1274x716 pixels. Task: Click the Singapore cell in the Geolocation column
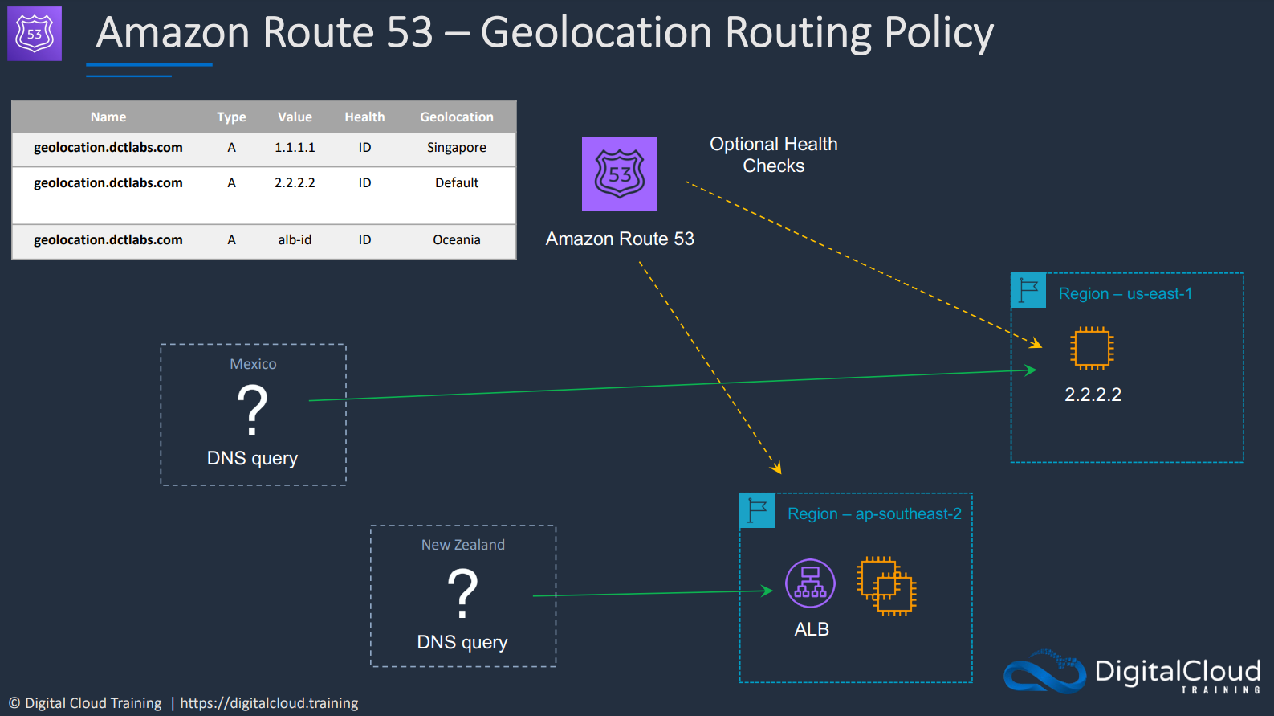[456, 148]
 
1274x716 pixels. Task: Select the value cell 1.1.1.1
[295, 148]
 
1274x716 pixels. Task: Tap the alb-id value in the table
[295, 239]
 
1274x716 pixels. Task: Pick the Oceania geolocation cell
[456, 239]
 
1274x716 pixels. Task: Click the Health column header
[364, 117]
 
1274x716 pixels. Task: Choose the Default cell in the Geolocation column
[456, 182]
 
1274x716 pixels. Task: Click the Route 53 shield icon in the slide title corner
[35, 34]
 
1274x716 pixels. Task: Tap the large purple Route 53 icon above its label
[620, 174]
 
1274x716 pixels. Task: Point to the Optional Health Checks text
[774, 155]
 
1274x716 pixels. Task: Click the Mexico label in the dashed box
[253, 364]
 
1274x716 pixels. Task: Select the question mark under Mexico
[252, 410]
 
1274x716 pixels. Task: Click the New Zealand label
[463, 545]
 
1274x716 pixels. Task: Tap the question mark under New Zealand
[462, 593]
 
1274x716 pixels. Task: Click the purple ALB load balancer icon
[810, 583]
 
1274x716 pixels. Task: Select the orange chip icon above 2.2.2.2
[1092, 348]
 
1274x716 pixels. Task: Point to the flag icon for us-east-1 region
[1028, 290]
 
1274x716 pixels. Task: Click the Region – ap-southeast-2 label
[874, 514]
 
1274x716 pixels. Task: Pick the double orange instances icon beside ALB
[887, 587]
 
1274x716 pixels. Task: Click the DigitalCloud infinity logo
[1044, 672]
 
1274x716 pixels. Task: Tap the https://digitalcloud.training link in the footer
[269, 703]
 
